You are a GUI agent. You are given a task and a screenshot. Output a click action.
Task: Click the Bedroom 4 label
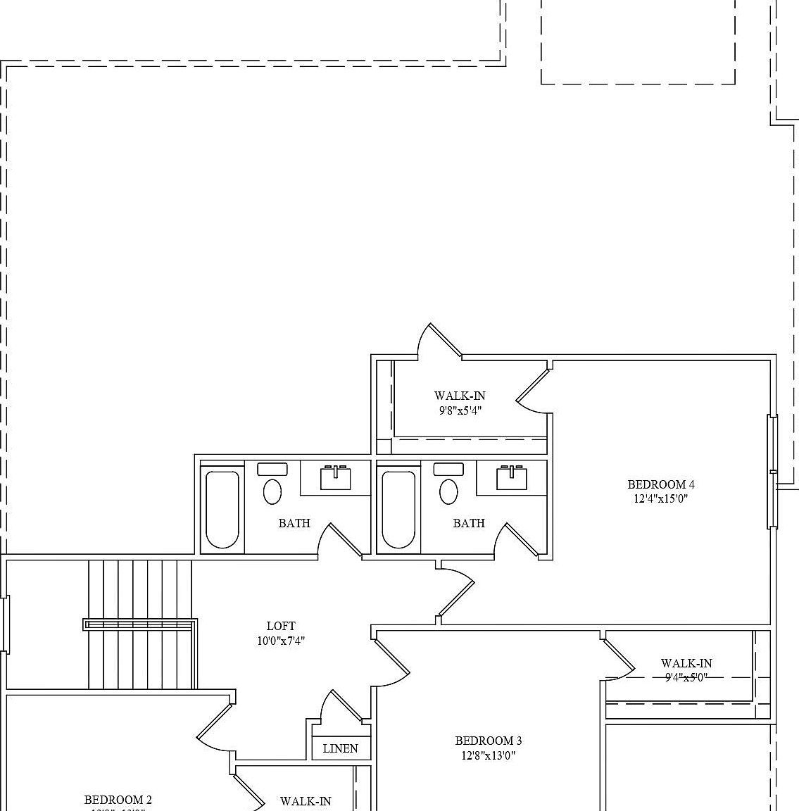tap(661, 484)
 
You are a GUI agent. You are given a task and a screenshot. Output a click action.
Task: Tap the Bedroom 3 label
tap(489, 741)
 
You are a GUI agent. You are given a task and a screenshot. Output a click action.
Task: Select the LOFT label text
tap(281, 626)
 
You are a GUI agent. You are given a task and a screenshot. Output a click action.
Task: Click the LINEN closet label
tap(341, 748)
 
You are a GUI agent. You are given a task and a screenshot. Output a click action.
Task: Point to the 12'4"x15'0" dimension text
tap(661, 499)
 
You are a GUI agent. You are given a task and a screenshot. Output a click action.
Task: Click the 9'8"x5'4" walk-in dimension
tap(460, 410)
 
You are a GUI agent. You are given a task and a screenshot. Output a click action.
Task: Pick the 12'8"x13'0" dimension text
tap(489, 756)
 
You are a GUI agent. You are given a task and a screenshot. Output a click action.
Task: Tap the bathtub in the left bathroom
tap(222, 509)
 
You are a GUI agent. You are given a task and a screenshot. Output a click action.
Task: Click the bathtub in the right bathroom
tap(398, 509)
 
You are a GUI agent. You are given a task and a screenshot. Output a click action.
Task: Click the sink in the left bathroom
tap(336, 478)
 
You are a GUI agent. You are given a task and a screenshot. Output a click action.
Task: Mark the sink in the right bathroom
tap(512, 478)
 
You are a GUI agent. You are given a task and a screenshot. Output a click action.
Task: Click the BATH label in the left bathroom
tap(294, 523)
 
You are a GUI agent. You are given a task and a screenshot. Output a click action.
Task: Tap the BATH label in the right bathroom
tap(469, 523)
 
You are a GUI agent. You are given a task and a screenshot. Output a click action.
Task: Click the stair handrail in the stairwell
tap(140, 624)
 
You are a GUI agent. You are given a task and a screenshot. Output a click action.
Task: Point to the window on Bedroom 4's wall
tap(772, 471)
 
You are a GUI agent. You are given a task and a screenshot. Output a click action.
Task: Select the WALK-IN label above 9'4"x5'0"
tap(686, 663)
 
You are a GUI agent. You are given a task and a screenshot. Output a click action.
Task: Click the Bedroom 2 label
tap(118, 800)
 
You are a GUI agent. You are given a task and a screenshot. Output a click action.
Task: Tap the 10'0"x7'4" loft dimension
tap(281, 641)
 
